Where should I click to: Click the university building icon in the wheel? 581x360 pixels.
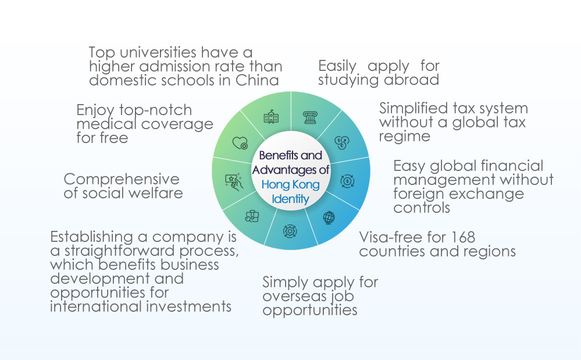click(271, 117)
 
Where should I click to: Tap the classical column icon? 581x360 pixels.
click(310, 118)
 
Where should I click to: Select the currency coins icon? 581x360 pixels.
click(341, 142)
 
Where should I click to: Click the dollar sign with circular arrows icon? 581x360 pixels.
click(347, 181)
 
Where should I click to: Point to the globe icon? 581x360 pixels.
click(329, 218)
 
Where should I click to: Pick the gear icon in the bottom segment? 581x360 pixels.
click(290, 231)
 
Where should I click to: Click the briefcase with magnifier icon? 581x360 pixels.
click(252, 216)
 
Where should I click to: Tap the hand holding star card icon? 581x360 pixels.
click(234, 181)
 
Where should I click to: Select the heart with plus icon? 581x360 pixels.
click(240, 143)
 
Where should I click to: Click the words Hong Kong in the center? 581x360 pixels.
click(291, 184)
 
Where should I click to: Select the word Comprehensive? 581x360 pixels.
click(122, 180)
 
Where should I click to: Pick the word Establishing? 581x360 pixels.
click(91, 237)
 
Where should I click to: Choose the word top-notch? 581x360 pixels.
click(156, 111)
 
